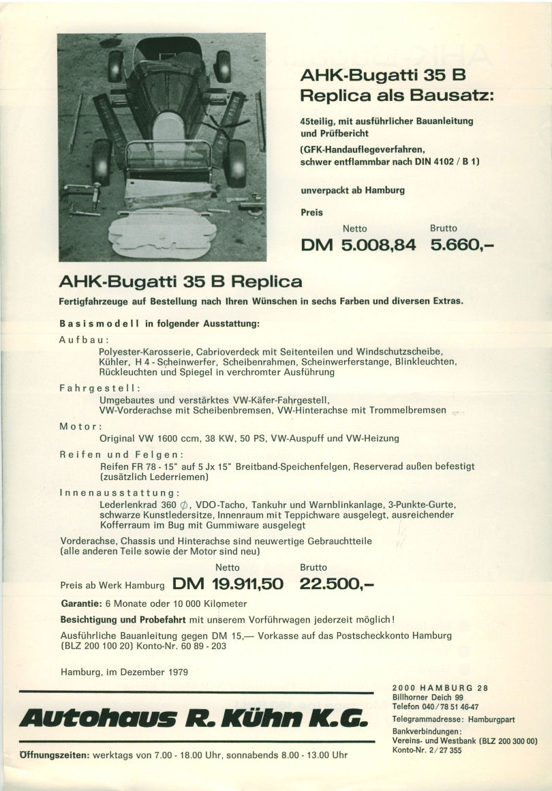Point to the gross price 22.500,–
click(337, 584)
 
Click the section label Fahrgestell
click(100, 387)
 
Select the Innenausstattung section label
click(120, 492)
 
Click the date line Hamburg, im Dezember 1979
click(125, 672)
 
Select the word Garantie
click(81, 604)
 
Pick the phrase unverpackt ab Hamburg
click(352, 190)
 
